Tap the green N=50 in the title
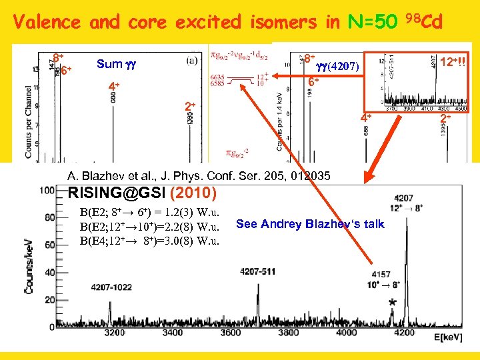371,22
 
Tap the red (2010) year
193,194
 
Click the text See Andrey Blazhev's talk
310,224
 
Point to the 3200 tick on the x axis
115,332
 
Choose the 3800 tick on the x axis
288,332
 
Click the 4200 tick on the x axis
404,332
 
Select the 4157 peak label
382,274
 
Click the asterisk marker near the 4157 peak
392,303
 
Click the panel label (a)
192,59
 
